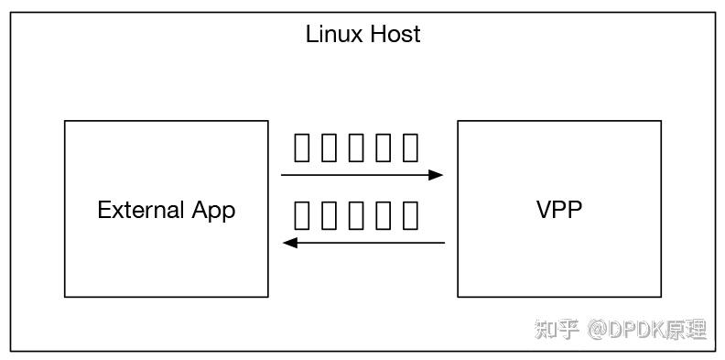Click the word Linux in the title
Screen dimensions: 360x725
pos(334,35)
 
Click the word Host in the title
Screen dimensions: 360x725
pos(394,35)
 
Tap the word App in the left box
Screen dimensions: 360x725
pos(213,211)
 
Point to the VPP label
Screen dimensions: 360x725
pos(558,209)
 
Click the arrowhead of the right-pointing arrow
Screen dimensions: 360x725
pos(437,174)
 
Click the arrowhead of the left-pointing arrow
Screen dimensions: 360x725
pos(289,243)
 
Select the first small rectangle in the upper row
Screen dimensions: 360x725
pos(302,147)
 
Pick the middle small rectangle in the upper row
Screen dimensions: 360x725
pos(357,147)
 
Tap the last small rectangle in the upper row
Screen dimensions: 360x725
pos(411,147)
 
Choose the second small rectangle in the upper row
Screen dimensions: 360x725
pos(330,147)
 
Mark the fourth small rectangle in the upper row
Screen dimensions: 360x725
pos(384,147)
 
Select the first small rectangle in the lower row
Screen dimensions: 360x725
pos(302,214)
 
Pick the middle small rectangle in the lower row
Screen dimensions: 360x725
pos(357,214)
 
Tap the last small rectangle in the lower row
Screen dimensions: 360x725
pos(411,214)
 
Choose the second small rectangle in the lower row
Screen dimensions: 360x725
pos(330,214)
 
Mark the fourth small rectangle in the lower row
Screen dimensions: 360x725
pos(384,214)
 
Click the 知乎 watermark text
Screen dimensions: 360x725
pos(557,329)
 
